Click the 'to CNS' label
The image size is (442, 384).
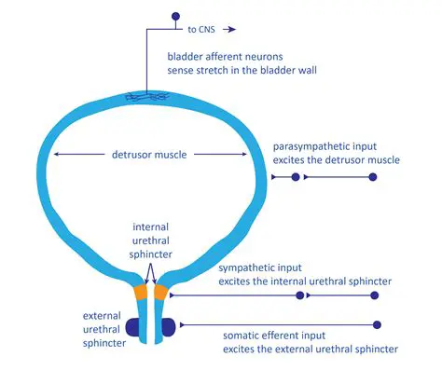(x=201, y=29)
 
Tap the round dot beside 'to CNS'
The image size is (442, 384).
(x=174, y=16)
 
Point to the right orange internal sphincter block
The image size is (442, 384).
(x=160, y=294)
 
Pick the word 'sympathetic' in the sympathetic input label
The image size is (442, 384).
(x=247, y=267)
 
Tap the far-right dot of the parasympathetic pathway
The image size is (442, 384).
(x=373, y=176)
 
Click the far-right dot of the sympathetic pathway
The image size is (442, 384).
(x=375, y=295)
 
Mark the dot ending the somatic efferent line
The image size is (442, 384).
(x=377, y=324)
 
